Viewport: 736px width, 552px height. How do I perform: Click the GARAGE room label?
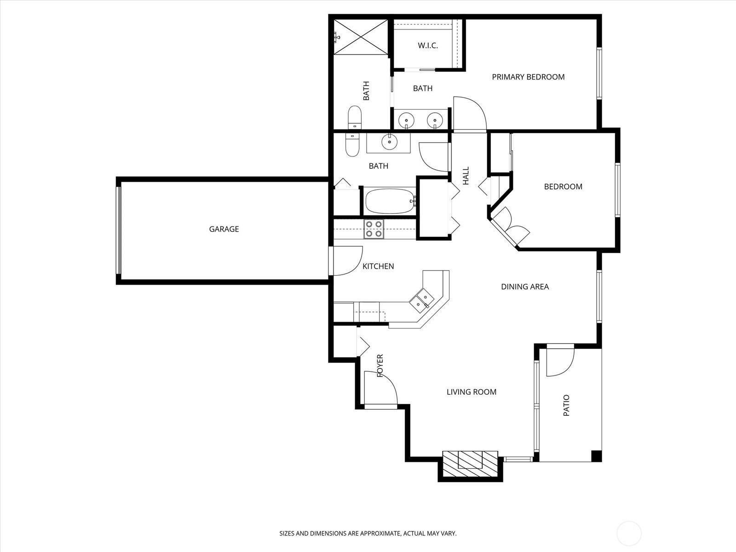pos(224,229)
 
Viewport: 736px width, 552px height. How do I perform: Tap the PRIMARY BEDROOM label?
pos(528,77)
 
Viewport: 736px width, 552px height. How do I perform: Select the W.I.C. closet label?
pos(428,46)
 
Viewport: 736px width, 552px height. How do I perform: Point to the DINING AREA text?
pos(525,287)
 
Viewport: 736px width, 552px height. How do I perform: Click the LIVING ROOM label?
pos(471,392)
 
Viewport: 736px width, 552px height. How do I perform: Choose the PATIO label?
pos(566,406)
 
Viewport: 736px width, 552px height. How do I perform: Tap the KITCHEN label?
pos(378,266)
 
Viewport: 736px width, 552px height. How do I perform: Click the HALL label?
pos(466,176)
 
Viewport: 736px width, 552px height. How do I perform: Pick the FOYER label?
pos(380,366)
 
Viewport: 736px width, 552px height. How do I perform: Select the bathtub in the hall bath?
pos(390,201)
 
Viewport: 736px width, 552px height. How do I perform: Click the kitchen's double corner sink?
pos(421,301)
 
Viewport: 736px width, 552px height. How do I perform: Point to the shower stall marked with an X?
pos(361,37)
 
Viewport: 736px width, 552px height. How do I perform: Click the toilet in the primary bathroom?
pos(354,117)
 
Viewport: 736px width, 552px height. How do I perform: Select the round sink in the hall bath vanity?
pos(389,142)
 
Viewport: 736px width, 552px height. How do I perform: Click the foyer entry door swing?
pos(380,388)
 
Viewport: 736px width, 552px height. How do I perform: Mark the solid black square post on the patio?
pos(596,456)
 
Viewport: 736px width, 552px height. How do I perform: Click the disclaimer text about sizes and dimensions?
pos(368,533)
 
